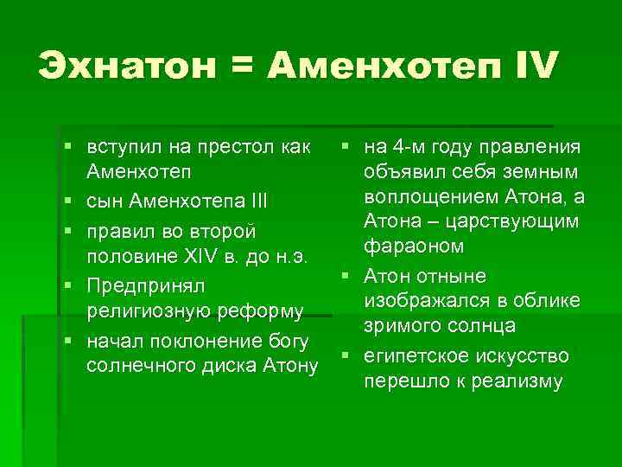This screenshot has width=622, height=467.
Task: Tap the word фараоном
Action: tap(414, 246)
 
